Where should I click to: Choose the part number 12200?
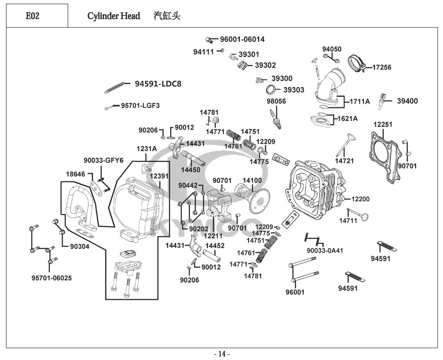pyautogui.click(x=360, y=199)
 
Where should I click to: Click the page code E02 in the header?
pyautogui.click(x=33, y=16)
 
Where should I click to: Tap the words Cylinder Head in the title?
pyautogui.click(x=114, y=16)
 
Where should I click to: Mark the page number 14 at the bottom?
pyautogui.click(x=222, y=353)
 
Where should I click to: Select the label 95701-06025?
pyautogui.click(x=52, y=278)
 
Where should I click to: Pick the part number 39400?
pyautogui.click(x=407, y=101)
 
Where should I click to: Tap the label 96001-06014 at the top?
pyautogui.click(x=242, y=39)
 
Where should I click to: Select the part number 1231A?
pyautogui.click(x=146, y=149)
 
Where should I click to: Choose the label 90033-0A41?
pyautogui.click(x=325, y=251)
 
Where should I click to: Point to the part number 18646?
pyautogui.click(x=75, y=174)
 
